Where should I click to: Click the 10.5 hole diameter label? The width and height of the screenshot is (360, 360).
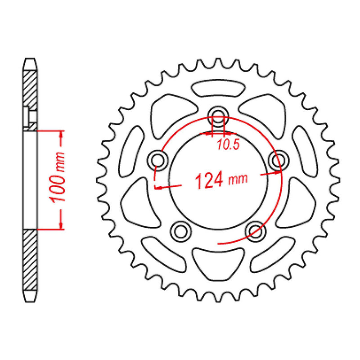[x=228, y=144]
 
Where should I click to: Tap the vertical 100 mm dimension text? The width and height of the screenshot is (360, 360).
[x=57, y=177]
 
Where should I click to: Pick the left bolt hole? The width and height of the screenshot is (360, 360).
[x=158, y=160]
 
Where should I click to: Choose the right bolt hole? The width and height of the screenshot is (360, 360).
[x=279, y=160]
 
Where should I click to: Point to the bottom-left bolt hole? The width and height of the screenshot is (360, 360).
[x=181, y=231]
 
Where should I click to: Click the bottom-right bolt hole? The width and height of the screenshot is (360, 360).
[x=255, y=231]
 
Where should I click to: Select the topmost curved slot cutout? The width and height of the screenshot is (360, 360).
[x=218, y=88]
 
